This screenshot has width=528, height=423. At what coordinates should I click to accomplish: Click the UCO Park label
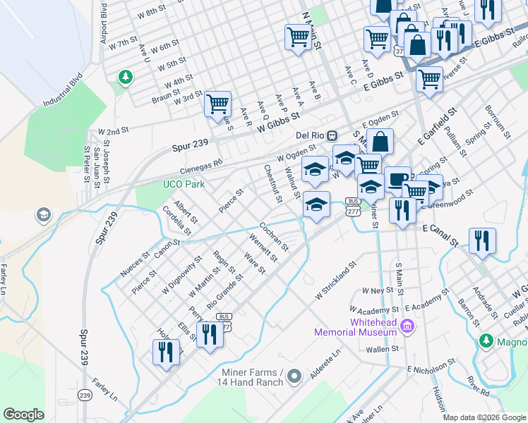183,185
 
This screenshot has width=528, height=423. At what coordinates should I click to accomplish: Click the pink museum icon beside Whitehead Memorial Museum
407,326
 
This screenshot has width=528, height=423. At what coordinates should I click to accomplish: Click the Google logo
23,415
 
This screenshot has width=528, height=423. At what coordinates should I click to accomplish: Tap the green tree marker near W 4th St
125,76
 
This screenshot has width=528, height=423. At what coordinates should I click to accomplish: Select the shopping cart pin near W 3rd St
218,104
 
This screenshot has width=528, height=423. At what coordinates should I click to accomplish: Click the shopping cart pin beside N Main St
298,37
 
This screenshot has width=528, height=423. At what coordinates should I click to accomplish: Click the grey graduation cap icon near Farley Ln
43,214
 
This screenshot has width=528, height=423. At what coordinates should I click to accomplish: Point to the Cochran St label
274,237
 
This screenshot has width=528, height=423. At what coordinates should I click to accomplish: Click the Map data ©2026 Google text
484,417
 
